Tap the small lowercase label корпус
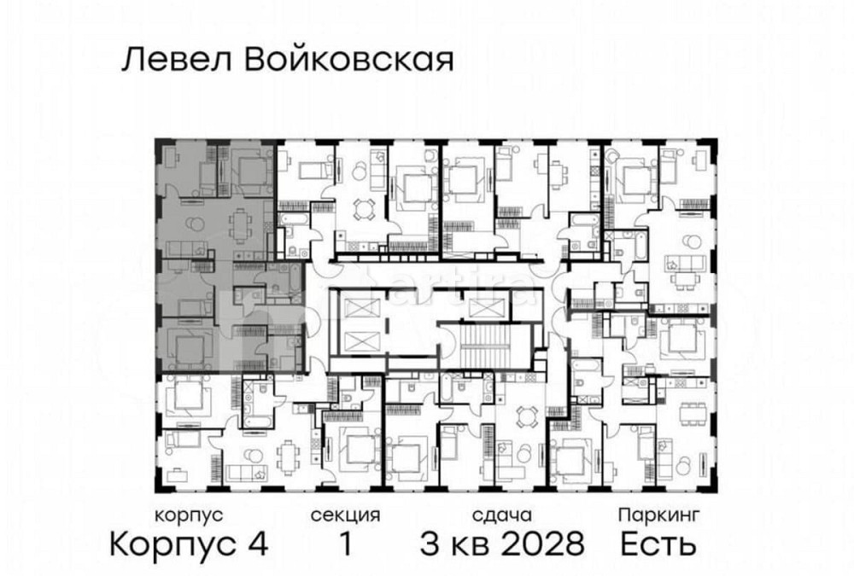pyautogui.click(x=189, y=515)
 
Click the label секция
pyautogui.click(x=345, y=515)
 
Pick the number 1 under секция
pyautogui.click(x=345, y=543)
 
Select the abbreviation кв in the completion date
pyautogui.click(x=471, y=543)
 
